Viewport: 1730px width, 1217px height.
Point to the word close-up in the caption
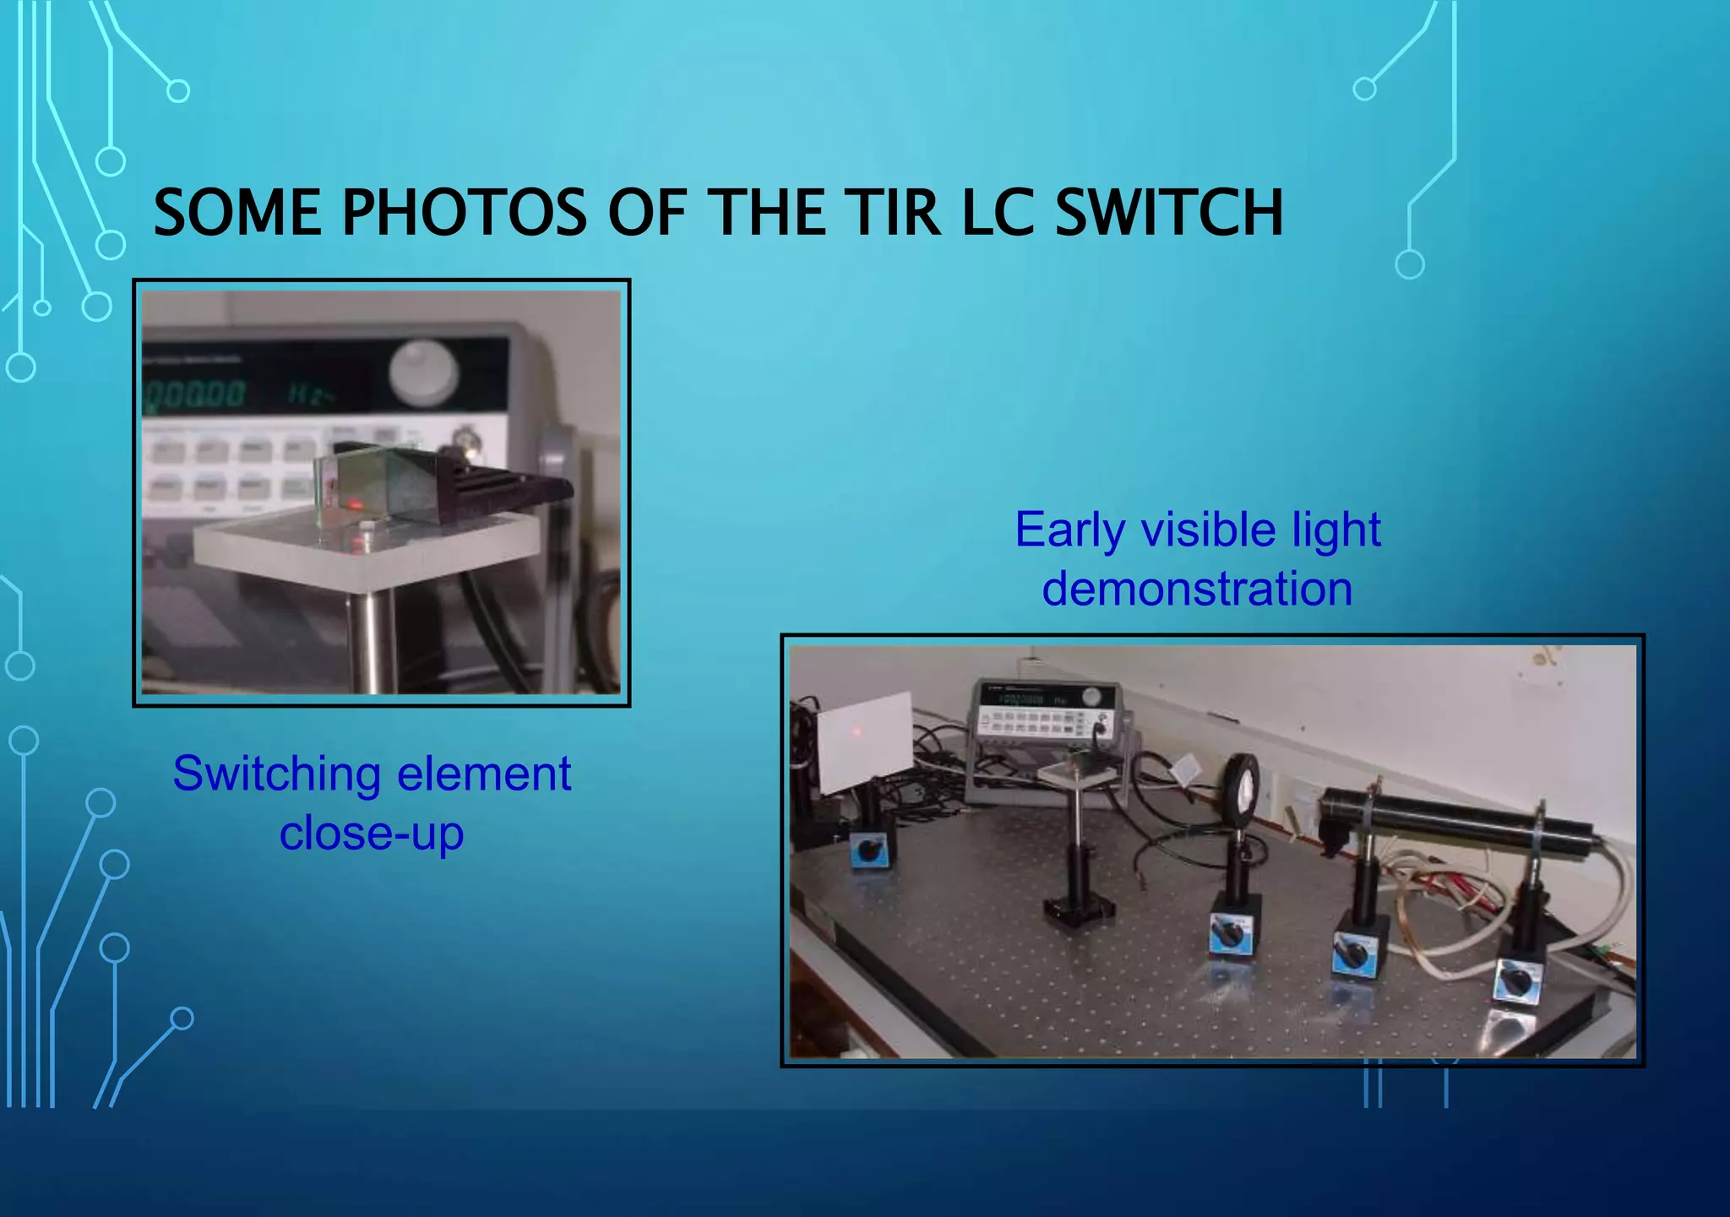372,834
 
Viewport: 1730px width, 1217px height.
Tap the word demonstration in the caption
1197,589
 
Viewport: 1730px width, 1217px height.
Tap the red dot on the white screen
857,731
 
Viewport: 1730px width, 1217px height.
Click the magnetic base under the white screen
871,850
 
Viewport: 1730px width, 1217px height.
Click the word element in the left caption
484,775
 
